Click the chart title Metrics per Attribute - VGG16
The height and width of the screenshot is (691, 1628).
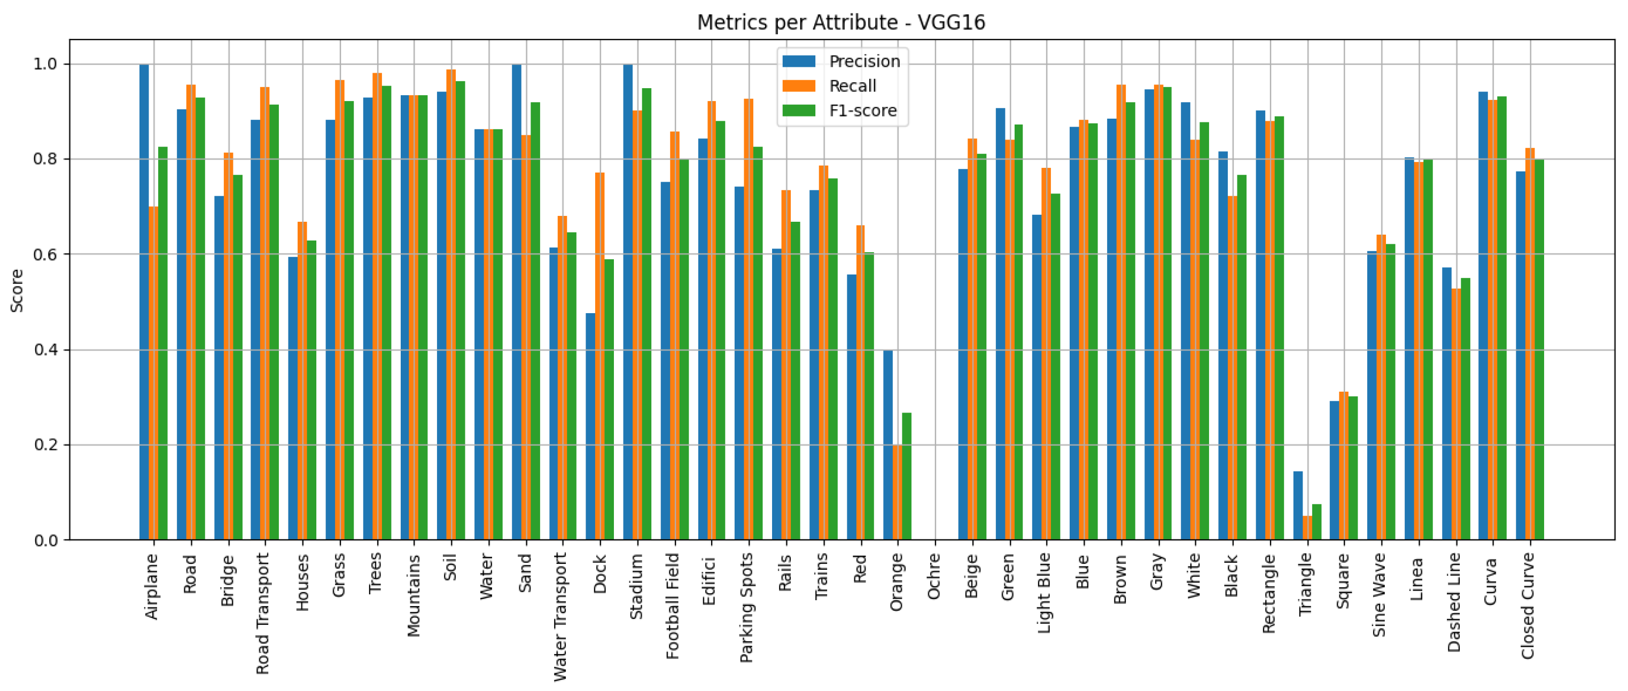(840, 22)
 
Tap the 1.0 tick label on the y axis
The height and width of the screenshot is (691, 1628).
(45, 64)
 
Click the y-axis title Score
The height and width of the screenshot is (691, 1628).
(17, 290)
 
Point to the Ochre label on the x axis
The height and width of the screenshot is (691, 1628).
(934, 576)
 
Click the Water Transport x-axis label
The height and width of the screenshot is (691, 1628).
(560, 616)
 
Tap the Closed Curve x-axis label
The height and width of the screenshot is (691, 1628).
(1528, 605)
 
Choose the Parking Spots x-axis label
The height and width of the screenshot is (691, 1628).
(746, 608)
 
